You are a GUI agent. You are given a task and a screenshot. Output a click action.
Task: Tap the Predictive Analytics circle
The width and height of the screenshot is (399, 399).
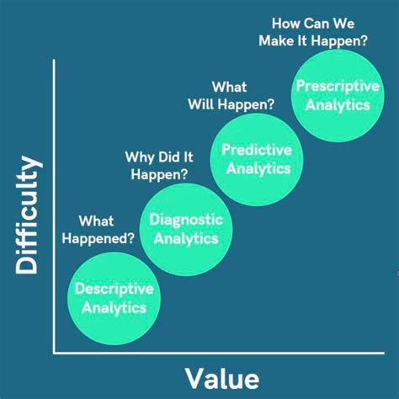click(256, 158)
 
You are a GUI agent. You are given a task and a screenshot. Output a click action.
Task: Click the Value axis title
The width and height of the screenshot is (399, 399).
click(221, 375)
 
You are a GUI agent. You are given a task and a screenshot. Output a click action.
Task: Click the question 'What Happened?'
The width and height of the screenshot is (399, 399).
click(107, 230)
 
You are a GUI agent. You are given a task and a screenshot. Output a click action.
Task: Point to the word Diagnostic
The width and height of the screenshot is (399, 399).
click(186, 220)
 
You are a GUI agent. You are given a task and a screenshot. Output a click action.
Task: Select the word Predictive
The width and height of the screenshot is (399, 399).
click(256, 149)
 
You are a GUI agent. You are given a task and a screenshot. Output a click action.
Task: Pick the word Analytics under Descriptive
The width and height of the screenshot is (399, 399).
click(114, 308)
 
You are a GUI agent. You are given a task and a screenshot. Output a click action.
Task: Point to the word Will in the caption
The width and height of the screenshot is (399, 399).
click(216, 104)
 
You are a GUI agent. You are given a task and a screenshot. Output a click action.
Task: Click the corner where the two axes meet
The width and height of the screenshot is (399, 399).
click(54, 352)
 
